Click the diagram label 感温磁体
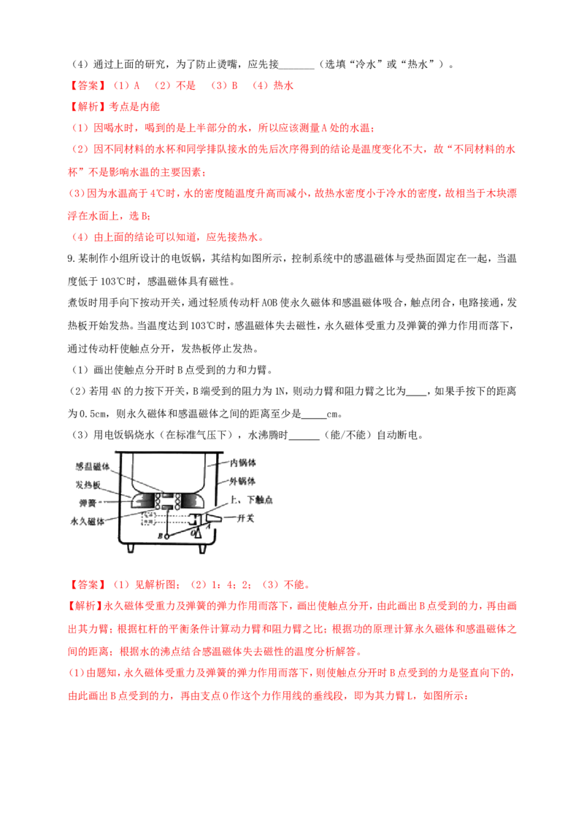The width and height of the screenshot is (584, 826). [92, 467]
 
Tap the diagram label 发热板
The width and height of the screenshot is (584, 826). [88, 485]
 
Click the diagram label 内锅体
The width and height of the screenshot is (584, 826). [243, 463]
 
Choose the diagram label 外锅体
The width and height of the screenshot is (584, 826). [243, 481]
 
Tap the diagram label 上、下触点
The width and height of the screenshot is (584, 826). [251, 500]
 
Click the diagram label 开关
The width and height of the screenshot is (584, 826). [245, 518]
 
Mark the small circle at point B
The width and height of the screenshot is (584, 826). [166, 536]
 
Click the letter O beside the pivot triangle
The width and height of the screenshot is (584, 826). [193, 533]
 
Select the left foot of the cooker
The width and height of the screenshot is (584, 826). [131, 549]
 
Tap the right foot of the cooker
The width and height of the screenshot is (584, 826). [202, 549]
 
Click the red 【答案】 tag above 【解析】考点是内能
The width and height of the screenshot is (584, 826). [88, 85]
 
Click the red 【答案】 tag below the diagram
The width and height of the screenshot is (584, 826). [88, 584]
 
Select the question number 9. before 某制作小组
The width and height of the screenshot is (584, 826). [72, 258]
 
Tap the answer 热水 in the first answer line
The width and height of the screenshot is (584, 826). [283, 85]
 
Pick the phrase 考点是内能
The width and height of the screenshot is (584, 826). [134, 107]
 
